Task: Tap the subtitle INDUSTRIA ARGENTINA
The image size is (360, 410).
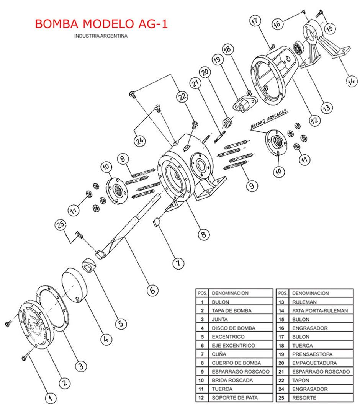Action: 101,36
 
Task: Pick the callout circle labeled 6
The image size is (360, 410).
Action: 152,290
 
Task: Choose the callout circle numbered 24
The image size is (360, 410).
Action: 140,141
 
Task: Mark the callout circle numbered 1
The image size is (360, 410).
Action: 49,398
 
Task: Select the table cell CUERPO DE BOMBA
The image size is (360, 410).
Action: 236,363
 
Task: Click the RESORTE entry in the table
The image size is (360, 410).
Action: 304,398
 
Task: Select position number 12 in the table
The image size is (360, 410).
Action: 201,398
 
